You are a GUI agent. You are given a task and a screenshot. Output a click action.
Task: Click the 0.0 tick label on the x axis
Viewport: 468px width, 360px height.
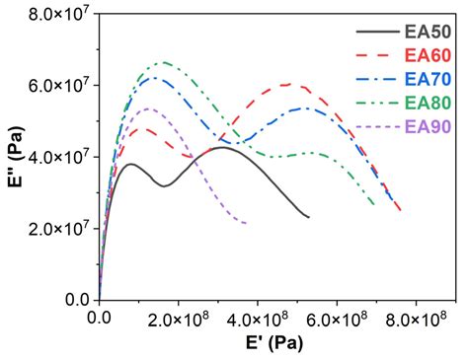pyautogui.click(x=100, y=319)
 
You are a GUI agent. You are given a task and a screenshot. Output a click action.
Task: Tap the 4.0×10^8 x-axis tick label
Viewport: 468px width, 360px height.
pyautogui.click(x=258, y=319)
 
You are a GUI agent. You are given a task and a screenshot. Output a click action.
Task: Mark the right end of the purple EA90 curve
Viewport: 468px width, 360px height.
pyautogui.click(x=246, y=224)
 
